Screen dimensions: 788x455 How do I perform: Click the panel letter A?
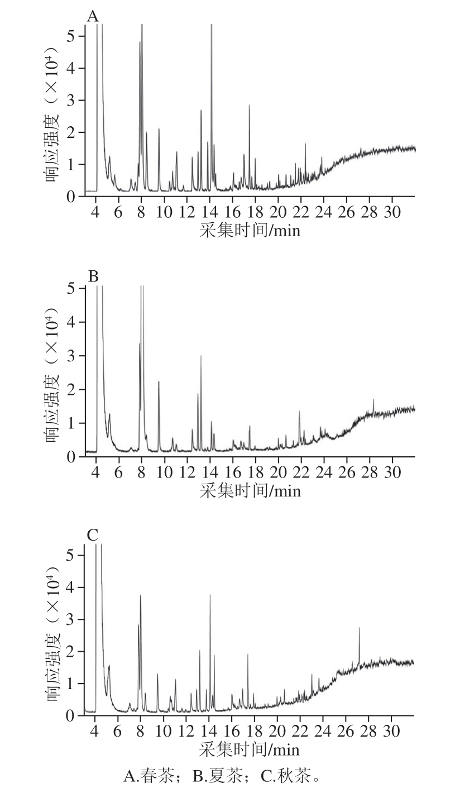click(93, 17)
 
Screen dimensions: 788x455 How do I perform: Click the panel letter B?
click(93, 276)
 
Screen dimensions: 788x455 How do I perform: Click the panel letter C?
click(93, 536)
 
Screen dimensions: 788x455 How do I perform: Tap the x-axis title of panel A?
click(250, 230)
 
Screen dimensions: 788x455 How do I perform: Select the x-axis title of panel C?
click(249, 749)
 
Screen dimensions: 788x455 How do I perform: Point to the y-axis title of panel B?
click(54, 372)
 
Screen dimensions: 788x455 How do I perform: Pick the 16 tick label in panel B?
click(233, 472)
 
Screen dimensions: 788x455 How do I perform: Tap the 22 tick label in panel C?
click(300, 731)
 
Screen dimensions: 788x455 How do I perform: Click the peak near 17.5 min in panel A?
click(250, 106)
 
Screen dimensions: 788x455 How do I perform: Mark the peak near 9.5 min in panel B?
click(159, 383)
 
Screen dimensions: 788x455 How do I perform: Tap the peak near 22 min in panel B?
click(299, 412)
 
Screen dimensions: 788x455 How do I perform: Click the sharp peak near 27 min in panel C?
click(359, 629)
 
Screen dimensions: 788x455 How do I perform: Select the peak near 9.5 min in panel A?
click(159, 130)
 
